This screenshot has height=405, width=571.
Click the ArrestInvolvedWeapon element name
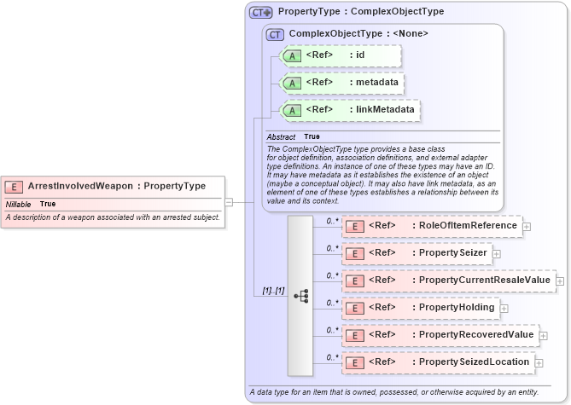pos(84,186)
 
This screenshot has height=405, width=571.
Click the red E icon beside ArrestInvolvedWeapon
pos(15,186)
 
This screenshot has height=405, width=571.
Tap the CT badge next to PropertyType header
pos(260,12)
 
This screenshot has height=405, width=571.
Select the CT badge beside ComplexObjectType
pos(275,34)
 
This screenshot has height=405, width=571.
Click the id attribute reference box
pos(341,56)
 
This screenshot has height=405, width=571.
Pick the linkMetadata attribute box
pos(350,110)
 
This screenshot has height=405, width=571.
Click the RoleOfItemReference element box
pos(431,226)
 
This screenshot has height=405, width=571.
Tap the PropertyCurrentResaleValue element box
pos(447,281)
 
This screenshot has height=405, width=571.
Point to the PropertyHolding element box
pos(419,308)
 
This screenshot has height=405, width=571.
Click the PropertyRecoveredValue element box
pos(440,335)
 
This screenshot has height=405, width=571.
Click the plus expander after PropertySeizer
pos(497,253)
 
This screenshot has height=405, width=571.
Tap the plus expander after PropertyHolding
pos(504,308)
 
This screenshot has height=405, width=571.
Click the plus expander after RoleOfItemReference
pos(527,226)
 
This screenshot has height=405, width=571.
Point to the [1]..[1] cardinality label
pos(273,292)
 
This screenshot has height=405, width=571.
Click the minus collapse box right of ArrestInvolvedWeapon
pos(229,202)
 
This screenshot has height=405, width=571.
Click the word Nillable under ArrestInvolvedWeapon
pos(19,205)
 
